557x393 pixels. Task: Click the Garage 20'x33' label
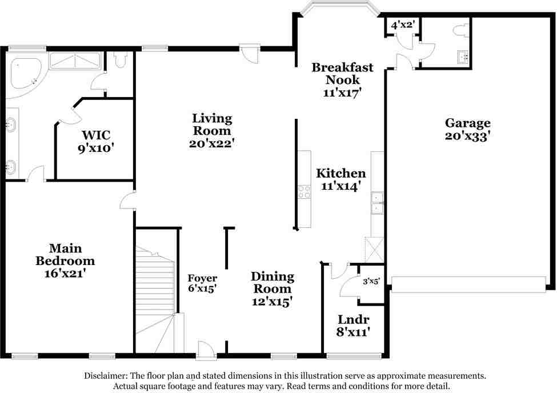(x=468, y=129)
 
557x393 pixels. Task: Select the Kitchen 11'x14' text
(x=341, y=179)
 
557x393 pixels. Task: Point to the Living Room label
(x=212, y=131)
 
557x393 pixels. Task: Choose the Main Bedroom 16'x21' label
(x=65, y=260)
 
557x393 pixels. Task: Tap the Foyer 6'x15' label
(x=202, y=284)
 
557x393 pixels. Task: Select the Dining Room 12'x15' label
(x=273, y=288)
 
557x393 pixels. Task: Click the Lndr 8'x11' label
(x=352, y=325)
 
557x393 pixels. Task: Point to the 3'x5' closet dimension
(x=371, y=281)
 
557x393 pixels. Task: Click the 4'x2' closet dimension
(x=402, y=25)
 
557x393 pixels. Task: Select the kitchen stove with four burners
(x=304, y=192)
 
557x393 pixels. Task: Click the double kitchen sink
(x=377, y=202)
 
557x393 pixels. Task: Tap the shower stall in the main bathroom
(x=75, y=60)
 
